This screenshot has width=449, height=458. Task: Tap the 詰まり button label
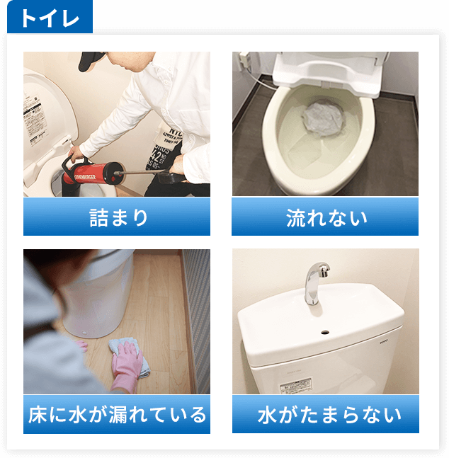coord(117,217)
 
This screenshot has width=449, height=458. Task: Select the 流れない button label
coord(325,217)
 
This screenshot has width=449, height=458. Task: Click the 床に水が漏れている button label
coord(117,414)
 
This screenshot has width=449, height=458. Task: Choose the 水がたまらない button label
coord(325,414)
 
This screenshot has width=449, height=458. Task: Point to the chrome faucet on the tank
coord(313,280)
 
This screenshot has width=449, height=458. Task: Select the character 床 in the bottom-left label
coord(38,414)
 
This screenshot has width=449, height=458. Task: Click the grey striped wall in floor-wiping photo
coord(198,311)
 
